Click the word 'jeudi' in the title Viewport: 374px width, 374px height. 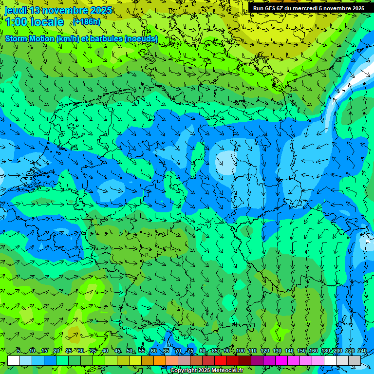tap(16, 10)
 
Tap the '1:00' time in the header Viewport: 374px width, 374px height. tap(16, 22)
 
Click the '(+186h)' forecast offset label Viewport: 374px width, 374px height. tap(87, 22)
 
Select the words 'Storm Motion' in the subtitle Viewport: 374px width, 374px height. tap(30, 39)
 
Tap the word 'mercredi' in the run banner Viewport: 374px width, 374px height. tap(307, 8)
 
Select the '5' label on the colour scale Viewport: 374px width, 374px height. tap(18, 351)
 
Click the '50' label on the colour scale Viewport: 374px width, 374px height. tap(129, 351)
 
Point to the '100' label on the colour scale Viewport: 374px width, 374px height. tap(240, 351)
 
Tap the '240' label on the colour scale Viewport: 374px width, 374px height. tap(362, 351)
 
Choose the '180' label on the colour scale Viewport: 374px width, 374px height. tap(325, 351)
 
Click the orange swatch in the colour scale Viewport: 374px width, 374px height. tap(148, 360)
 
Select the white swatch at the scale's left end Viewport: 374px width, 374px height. tap(14, 360)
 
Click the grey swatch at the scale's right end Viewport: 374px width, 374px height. tap(355, 360)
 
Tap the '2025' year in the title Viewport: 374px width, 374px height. tap(102, 10)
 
